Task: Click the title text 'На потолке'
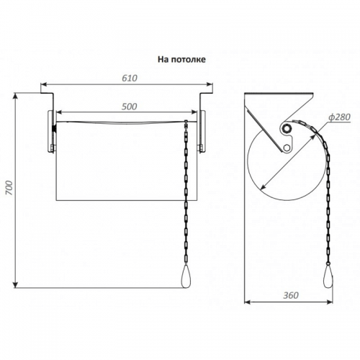click(x=181, y=59)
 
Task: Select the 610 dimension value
click(x=130, y=78)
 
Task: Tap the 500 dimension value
click(x=129, y=107)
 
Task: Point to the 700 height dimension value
click(x=9, y=188)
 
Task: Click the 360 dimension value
click(x=291, y=295)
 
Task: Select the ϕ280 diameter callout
click(x=340, y=117)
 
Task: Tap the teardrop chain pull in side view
click(x=328, y=276)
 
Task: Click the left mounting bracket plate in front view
click(x=50, y=131)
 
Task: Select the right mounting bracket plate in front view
click(x=202, y=131)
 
